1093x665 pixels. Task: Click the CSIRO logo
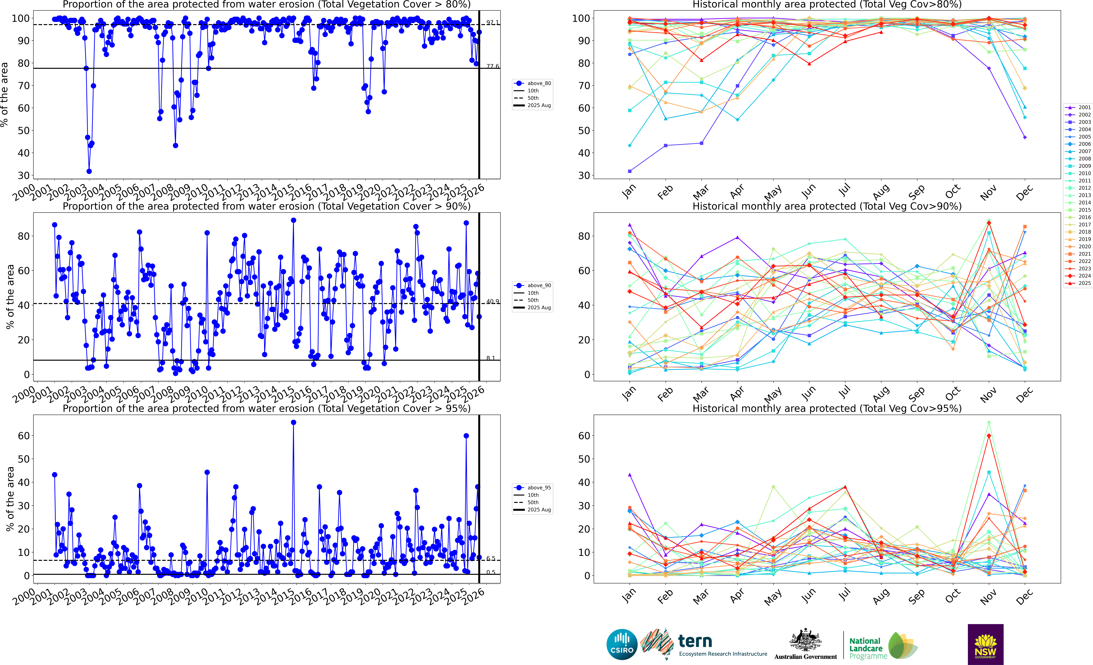[622, 644]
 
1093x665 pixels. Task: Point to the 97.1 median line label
[492, 22]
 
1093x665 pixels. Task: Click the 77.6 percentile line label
[492, 66]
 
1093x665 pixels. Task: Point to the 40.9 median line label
[492, 301]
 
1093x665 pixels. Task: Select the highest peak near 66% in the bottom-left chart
[293, 423]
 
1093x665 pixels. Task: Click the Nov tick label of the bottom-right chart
[988, 597]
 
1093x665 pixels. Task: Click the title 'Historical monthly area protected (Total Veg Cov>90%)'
[827, 206]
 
